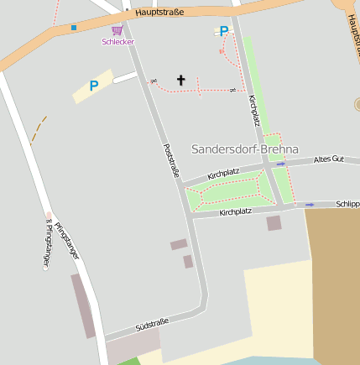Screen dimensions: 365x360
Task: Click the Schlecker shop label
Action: (117, 41)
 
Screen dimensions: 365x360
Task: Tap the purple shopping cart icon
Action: (117, 30)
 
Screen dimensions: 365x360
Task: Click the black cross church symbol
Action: (180, 81)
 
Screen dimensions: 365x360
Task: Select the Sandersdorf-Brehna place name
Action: (245, 149)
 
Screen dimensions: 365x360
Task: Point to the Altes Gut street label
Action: (328, 159)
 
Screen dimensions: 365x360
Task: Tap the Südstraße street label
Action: (152, 325)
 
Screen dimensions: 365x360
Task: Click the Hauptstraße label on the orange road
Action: (159, 13)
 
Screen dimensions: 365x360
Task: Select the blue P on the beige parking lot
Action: (94, 85)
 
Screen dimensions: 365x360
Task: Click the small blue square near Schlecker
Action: (74, 28)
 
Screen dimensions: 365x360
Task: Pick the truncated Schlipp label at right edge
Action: (347, 204)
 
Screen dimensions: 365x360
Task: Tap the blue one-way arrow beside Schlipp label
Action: (310, 204)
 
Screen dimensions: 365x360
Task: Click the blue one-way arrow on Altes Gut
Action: (280, 164)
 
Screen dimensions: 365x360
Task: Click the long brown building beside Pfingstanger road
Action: (83, 305)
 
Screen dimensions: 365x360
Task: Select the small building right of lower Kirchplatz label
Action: (274, 223)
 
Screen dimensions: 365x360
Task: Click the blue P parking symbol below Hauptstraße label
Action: (223, 32)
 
